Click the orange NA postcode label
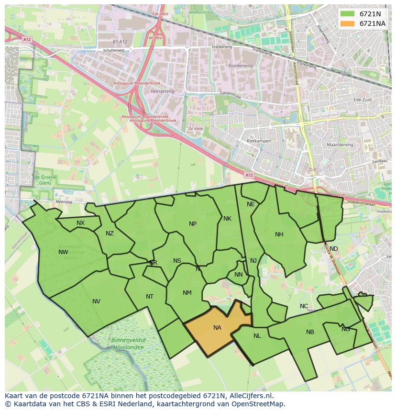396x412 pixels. pos(217,328)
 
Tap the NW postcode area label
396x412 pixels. pos(63,252)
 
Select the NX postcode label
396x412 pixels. pos(80,223)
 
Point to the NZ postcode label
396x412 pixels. pos(110,234)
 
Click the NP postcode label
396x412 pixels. pos(193,224)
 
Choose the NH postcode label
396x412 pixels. pos(279,234)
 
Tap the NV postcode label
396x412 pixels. pos(96,301)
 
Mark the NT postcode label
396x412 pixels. pos(150,297)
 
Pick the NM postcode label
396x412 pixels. pos(187,293)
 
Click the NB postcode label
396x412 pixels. pos(310,332)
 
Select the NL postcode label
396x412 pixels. pos(257,336)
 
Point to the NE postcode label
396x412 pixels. pos(251,204)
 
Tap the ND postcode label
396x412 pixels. pos(334,249)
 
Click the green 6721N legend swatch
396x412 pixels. pos(348,14)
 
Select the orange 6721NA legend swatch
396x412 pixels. pos(348,23)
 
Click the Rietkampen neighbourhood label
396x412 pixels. pos(259,142)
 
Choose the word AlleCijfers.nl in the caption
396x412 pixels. pos(249,396)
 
